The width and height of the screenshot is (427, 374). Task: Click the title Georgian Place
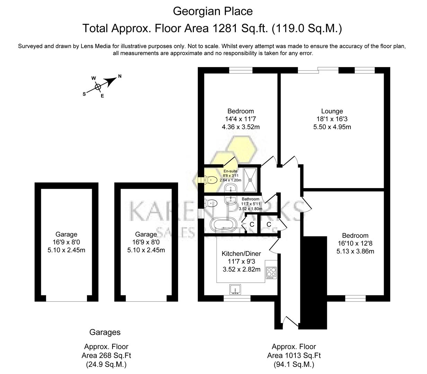(x=213, y=11)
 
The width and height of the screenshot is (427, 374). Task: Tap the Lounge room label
(x=332, y=111)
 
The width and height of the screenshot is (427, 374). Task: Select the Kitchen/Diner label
(x=241, y=253)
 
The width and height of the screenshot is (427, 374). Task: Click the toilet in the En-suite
(x=211, y=180)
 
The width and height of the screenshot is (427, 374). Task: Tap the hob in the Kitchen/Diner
(x=271, y=273)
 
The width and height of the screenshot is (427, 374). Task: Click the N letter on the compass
(x=120, y=76)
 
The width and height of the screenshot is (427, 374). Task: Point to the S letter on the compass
(x=84, y=94)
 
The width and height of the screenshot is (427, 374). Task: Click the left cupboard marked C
(x=252, y=225)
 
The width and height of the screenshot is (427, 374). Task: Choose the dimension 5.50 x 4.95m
(x=332, y=127)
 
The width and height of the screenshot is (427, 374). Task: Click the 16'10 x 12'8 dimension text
(x=355, y=243)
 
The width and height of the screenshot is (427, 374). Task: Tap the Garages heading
(x=105, y=332)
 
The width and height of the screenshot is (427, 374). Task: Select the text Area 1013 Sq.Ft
(x=294, y=355)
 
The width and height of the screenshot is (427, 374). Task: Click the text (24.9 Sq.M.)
(x=106, y=364)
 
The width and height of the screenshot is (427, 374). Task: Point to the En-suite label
(x=230, y=171)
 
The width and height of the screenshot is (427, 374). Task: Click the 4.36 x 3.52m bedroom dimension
(x=240, y=127)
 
